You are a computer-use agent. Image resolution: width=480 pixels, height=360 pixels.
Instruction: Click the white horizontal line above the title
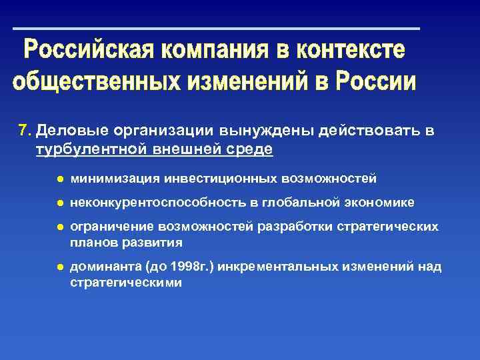pos(217,29)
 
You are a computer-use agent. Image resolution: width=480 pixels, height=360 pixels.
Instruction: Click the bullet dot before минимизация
pos(59,179)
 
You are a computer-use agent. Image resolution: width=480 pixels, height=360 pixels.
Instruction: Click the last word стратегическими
pos(125,283)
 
